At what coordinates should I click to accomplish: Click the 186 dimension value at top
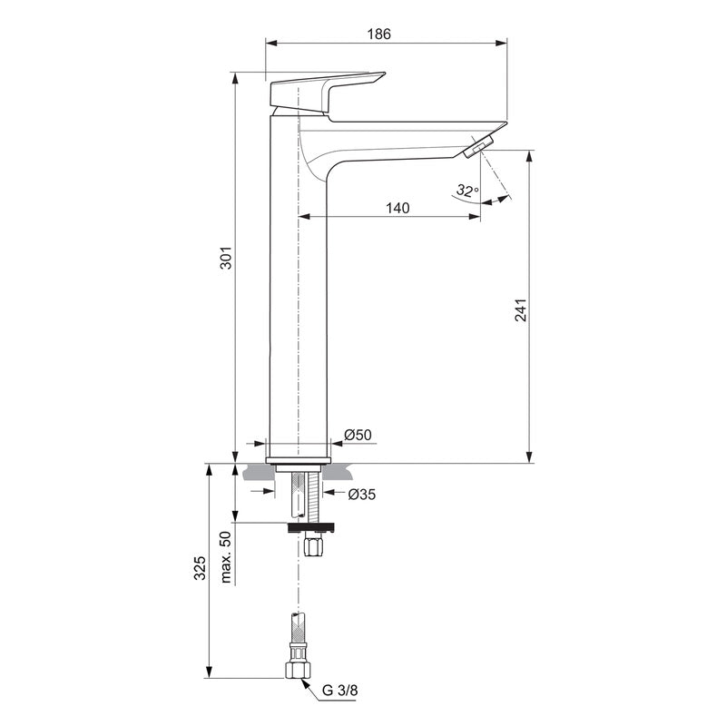pos(378,34)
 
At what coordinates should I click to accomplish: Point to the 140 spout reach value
pos(397,208)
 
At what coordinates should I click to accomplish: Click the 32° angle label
pos(466,191)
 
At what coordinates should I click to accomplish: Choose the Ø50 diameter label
pos(360,436)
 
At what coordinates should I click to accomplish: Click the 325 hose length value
pos(201,569)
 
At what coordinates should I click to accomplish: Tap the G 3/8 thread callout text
pos(340,690)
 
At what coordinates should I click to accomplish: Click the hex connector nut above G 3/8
pos(298,670)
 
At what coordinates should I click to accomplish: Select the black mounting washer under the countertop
pos(311,526)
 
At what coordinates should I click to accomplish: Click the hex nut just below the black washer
pos(314,546)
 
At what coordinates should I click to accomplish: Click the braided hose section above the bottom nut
pos(297,632)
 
